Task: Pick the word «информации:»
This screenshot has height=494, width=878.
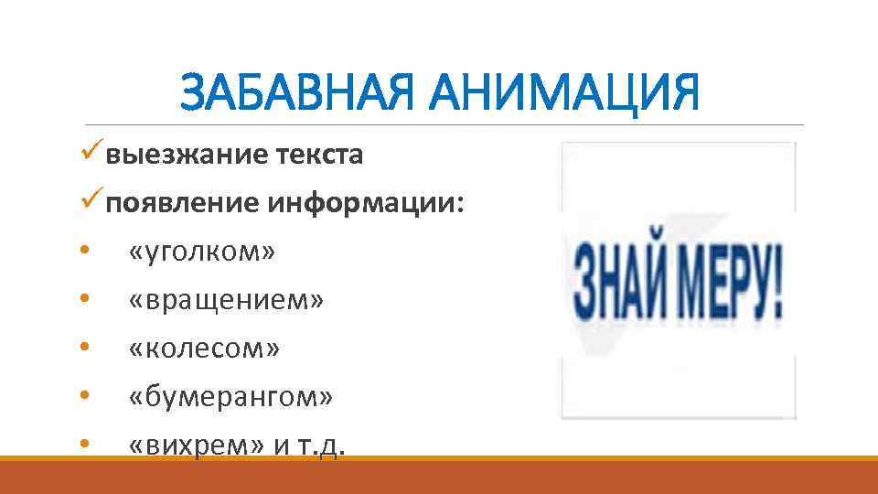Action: pyautogui.click(x=366, y=203)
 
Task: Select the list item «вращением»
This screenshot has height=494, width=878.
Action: pyautogui.click(x=226, y=300)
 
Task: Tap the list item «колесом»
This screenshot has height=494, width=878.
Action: pyautogui.click(x=205, y=349)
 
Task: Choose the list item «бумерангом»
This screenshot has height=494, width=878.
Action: pyautogui.click(x=231, y=397)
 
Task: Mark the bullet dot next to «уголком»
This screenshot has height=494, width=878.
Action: pyautogui.click(x=84, y=252)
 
